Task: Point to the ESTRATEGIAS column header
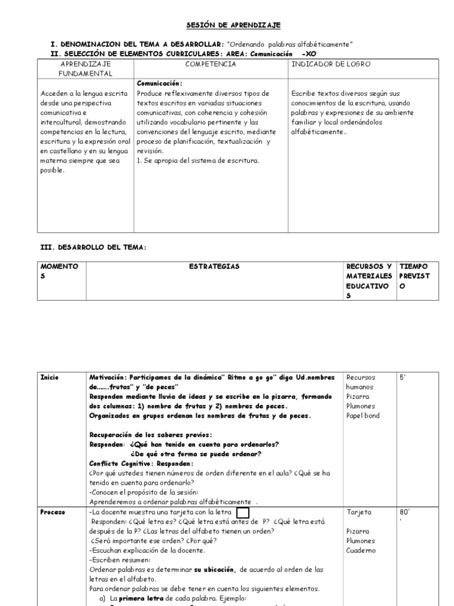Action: [214, 267]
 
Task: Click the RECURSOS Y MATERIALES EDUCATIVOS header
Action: [369, 281]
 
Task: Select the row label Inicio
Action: [50, 377]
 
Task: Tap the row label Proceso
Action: [53, 512]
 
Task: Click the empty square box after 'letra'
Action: [242, 512]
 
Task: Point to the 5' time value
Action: [403, 377]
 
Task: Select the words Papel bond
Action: [364, 415]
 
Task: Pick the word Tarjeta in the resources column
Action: [359, 512]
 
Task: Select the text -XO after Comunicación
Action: [310, 54]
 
